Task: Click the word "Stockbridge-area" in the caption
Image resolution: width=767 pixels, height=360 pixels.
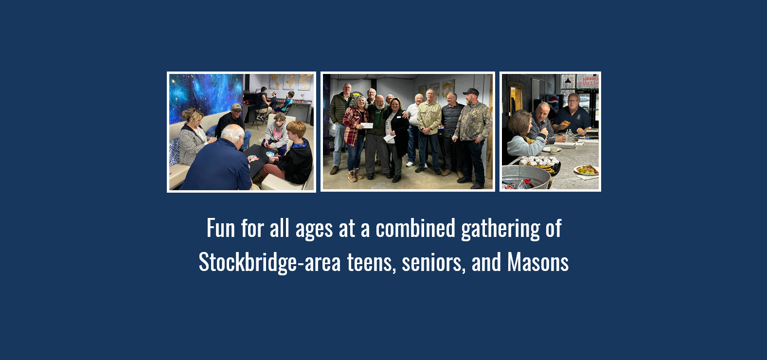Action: pyautogui.click(x=269, y=263)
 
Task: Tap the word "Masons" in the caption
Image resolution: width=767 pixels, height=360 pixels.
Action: pyautogui.click(x=538, y=263)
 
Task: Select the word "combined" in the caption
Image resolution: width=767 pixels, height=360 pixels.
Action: pyautogui.click(x=415, y=229)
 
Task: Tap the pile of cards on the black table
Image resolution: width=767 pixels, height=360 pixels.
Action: pyautogui.click(x=252, y=159)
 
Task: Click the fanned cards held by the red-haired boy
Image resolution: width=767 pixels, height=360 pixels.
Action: pyautogui.click(x=270, y=154)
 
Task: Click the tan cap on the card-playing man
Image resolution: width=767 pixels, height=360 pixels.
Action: pyautogui.click(x=237, y=107)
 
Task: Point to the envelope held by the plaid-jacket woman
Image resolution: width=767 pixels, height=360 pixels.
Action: pyautogui.click(x=367, y=125)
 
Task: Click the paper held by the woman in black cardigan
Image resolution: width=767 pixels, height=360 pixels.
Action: pyautogui.click(x=390, y=138)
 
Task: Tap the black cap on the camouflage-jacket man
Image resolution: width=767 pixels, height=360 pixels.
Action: pyautogui.click(x=471, y=91)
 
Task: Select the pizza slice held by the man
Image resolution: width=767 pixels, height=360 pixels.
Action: pyautogui.click(x=566, y=123)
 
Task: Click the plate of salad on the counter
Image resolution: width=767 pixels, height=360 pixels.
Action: pyautogui.click(x=586, y=170)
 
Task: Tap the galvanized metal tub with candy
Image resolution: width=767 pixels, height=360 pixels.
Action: pyautogui.click(x=525, y=177)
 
